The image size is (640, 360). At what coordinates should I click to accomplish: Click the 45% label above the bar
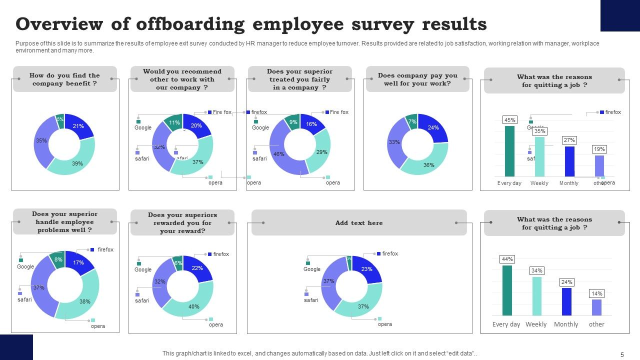509,120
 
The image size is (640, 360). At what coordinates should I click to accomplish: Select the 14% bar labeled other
596,307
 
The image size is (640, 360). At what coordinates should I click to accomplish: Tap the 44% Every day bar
507,290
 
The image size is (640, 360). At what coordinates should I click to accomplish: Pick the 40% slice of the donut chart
194,306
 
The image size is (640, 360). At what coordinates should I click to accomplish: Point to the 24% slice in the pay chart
433,127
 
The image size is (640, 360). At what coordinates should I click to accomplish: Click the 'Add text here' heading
359,223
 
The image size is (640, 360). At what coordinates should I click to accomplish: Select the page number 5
622,354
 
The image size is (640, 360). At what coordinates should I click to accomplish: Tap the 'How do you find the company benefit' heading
64,79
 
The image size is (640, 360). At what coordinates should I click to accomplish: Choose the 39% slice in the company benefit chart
77,163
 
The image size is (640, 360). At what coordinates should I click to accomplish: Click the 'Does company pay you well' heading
417,79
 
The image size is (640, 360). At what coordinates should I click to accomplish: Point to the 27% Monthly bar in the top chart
569,161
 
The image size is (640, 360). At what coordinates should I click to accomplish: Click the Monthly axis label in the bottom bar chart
566,324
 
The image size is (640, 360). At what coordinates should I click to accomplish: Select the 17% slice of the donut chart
78,262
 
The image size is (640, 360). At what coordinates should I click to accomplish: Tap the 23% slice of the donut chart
367,268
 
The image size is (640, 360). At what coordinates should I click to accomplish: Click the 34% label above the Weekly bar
537,270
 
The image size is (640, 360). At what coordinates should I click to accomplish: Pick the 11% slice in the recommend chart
174,123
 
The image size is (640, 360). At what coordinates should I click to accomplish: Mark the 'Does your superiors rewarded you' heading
182,223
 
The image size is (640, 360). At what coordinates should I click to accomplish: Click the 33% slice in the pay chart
394,142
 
